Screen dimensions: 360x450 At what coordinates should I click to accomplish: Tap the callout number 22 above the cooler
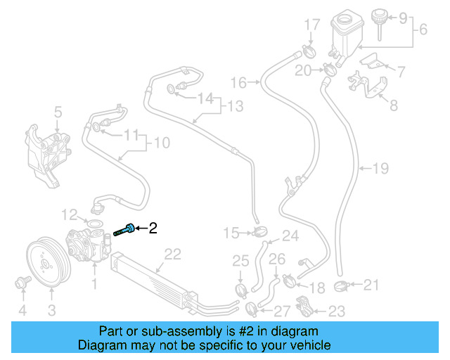coord(173,255)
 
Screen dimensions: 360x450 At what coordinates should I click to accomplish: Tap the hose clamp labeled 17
coord(309,51)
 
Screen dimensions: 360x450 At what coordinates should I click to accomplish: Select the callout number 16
coord(239,84)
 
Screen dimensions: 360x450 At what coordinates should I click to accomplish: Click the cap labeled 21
coord(344,288)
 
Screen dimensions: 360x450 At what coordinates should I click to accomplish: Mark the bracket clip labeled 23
coord(305,307)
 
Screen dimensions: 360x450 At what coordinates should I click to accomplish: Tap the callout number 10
coord(162,143)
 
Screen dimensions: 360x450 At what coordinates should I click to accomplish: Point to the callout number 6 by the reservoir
coord(423,30)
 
